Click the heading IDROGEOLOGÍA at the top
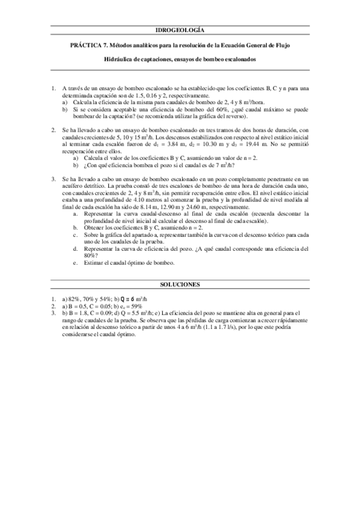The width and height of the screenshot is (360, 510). [180, 29]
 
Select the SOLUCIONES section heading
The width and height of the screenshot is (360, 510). [180, 283]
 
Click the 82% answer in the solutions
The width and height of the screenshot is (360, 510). [73, 298]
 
